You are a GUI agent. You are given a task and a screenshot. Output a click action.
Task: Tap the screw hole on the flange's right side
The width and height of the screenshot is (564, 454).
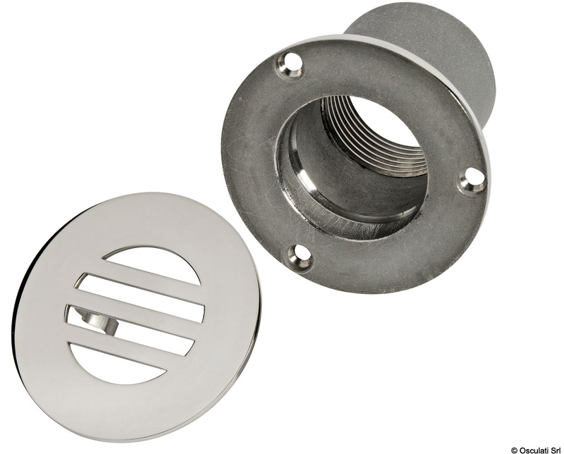pyautogui.click(x=472, y=180)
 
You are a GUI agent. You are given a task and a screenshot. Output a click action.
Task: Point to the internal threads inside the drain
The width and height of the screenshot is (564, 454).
pyautogui.click(x=374, y=134)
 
